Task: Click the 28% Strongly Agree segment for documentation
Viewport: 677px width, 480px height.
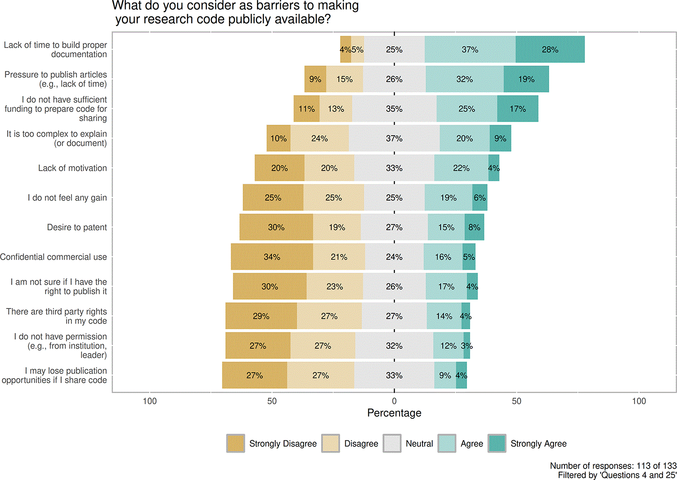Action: [x=550, y=49]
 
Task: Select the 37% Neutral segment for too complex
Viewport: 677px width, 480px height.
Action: [x=394, y=138]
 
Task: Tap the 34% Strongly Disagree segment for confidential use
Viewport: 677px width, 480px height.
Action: [x=272, y=257]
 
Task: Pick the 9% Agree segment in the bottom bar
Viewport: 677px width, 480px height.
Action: [x=445, y=375]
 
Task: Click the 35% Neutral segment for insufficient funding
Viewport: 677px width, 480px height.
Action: [x=394, y=108]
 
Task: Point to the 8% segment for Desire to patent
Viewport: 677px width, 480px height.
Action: [x=474, y=227]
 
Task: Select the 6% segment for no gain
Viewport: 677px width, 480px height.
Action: [x=480, y=197]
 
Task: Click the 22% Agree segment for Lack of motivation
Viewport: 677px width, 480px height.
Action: [x=461, y=167]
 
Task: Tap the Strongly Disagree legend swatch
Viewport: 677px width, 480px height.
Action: [x=236, y=443]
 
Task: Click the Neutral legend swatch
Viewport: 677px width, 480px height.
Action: [x=392, y=443]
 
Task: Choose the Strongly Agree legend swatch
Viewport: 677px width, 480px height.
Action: [x=497, y=443]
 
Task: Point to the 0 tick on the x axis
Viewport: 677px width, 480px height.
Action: [x=394, y=401]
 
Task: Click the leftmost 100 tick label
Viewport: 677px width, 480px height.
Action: [x=150, y=401]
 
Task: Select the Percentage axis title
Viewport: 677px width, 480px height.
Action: [x=394, y=413]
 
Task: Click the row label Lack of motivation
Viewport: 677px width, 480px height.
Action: [x=72, y=168]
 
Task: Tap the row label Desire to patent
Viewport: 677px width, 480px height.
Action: [x=77, y=227]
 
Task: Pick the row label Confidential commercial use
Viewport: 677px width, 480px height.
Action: [x=53, y=257]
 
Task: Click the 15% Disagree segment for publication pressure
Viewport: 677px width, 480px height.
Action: [x=344, y=79]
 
